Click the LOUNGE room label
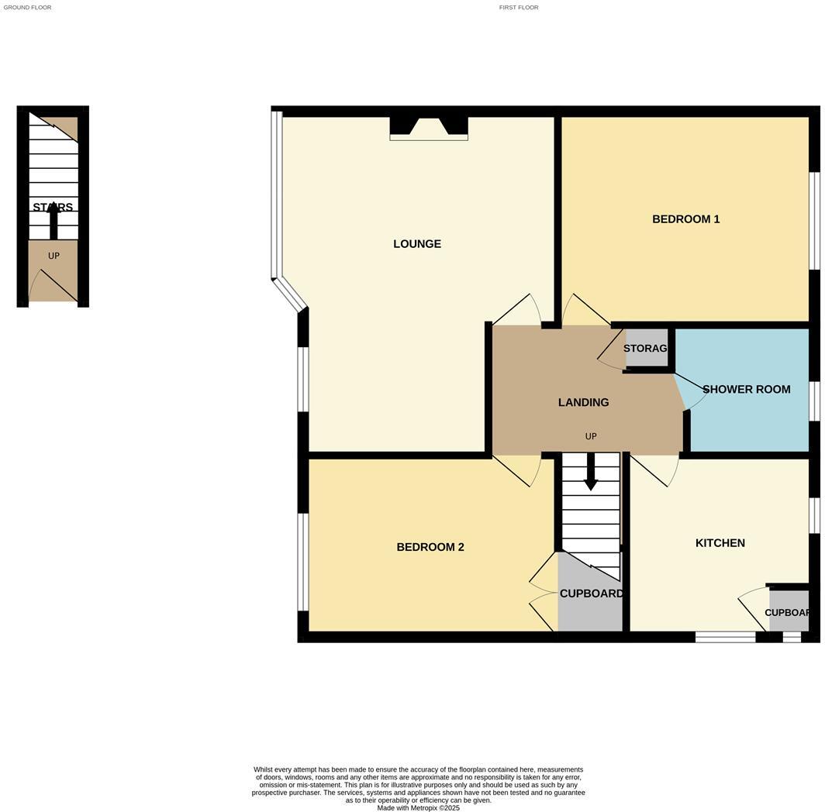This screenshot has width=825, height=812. click(417, 244)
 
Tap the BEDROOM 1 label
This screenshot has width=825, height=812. click(685, 219)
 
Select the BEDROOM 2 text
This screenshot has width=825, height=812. click(430, 547)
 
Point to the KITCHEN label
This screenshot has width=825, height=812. click(720, 543)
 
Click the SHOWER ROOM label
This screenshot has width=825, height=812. click(746, 389)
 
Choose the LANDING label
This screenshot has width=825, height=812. click(583, 402)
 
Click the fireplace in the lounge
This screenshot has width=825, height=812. click(429, 128)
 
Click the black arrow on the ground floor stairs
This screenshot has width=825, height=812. click(54, 221)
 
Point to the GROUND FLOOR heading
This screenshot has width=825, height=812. click(27, 7)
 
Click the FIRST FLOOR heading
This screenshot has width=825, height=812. click(519, 7)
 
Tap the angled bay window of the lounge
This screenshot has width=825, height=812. click(289, 295)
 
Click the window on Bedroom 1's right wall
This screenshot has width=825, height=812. click(814, 221)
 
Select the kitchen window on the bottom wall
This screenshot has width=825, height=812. click(725, 637)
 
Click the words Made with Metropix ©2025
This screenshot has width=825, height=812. click(418, 807)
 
